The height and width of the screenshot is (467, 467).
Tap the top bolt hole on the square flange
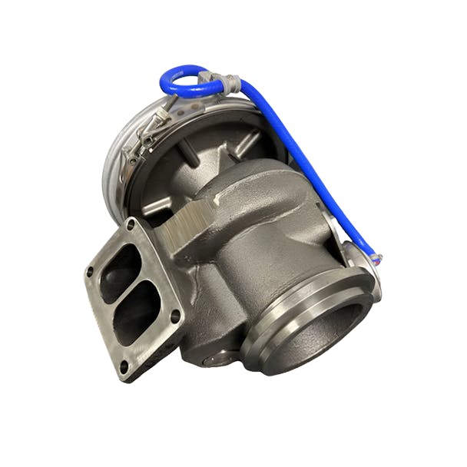point(131,224)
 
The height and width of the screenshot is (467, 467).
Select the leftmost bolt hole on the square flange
point(90,271)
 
